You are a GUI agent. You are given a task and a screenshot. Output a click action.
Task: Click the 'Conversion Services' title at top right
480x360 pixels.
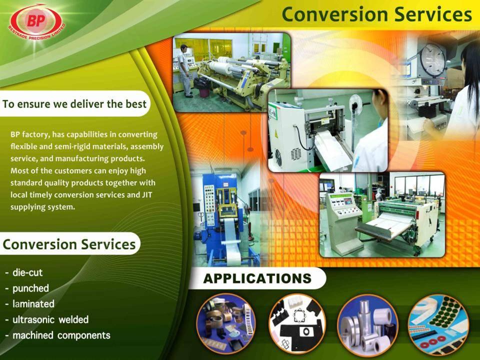tap(376, 14)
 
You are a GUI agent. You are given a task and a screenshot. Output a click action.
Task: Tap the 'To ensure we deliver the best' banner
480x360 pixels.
tap(74, 104)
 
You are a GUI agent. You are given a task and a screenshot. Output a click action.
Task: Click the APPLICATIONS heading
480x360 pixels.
tap(257, 278)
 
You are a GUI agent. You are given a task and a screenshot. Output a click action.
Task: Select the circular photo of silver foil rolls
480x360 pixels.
tap(367, 325)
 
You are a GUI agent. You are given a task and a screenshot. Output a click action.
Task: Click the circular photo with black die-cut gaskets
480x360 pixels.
tap(297, 324)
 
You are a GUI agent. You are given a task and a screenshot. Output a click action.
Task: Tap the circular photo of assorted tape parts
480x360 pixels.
tap(226, 324)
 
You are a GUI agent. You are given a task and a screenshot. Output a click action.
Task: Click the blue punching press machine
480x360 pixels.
tap(225, 220)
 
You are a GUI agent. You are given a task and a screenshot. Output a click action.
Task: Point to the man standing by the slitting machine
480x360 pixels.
tap(184, 71)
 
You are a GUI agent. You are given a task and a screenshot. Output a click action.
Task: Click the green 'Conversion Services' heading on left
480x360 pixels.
tap(69, 244)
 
